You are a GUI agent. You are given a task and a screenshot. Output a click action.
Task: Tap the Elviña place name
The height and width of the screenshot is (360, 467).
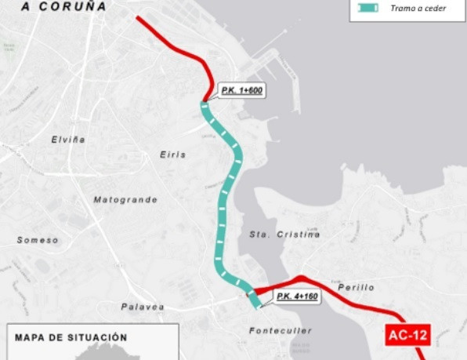click(x=68, y=139)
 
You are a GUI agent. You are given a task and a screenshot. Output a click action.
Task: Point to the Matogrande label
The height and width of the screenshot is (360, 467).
click(x=125, y=199)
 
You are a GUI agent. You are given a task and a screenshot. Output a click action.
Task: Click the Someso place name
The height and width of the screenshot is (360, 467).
click(x=38, y=240)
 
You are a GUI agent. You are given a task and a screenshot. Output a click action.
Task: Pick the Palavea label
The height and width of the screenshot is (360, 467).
click(x=143, y=307)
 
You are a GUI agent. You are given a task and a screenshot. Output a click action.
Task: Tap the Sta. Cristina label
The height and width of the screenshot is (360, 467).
click(x=284, y=235)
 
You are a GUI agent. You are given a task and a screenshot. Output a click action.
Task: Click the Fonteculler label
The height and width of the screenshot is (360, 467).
click(x=281, y=331)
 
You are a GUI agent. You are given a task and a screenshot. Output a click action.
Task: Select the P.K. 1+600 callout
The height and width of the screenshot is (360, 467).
click(x=241, y=91)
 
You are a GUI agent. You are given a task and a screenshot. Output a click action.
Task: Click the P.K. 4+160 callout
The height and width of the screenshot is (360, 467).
click(x=295, y=296)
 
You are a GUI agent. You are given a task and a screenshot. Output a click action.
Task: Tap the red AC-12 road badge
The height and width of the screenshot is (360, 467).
click(x=408, y=336)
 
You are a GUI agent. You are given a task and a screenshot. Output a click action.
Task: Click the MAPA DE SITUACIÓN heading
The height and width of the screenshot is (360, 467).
click(x=70, y=337)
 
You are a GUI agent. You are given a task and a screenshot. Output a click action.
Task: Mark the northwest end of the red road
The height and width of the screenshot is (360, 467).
click(x=138, y=18)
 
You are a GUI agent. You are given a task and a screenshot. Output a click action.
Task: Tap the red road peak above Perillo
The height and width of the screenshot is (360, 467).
click(x=302, y=277)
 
